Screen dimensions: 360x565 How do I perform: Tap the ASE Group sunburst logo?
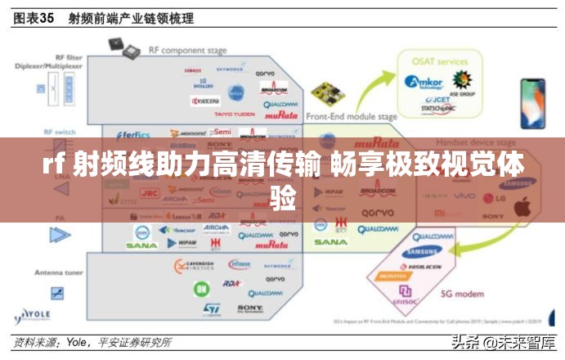click(x=462, y=80)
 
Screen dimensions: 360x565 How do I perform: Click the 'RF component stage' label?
click(x=177, y=50)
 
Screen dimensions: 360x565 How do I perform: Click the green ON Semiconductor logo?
click(x=201, y=289)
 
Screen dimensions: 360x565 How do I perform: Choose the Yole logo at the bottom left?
click(x=33, y=315)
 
